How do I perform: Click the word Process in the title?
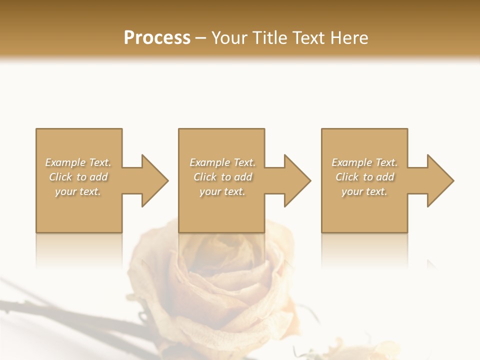pos(157,38)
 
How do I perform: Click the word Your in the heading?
pos(230,38)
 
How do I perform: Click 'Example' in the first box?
pos(65,162)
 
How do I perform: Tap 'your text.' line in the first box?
pos(78,191)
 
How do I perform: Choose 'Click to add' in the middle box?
pos(222,177)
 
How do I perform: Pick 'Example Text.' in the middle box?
pos(222,162)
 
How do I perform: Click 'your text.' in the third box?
pos(364,191)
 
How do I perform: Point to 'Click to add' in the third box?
pos(364,177)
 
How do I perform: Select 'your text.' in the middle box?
pos(222,191)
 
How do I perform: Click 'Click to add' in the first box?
pos(78,177)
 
